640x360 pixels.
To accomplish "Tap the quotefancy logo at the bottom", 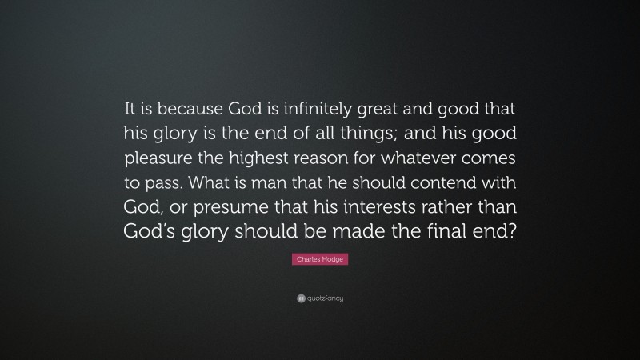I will [x=319, y=298].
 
